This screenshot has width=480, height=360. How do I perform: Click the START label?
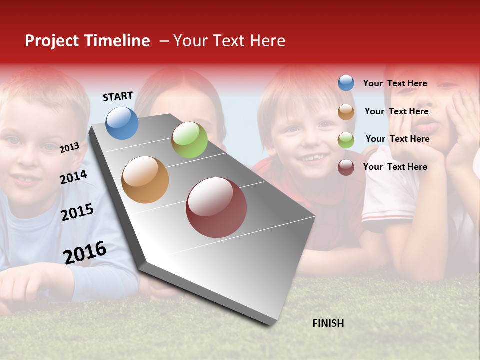118,96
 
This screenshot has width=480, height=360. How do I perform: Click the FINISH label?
328,323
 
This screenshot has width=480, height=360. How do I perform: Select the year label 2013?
69,148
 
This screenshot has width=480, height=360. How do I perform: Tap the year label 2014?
73,177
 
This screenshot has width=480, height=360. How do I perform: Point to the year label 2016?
85,253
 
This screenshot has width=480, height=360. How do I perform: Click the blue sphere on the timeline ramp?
122,123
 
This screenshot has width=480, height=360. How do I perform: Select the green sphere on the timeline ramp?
189,140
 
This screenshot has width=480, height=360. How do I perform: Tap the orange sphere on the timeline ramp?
145,180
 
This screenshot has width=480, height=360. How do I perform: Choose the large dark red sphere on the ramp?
216,207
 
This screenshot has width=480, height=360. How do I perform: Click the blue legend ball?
346,83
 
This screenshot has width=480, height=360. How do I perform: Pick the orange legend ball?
346,112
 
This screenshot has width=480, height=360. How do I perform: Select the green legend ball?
346,140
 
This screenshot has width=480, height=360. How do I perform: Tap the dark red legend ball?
346,167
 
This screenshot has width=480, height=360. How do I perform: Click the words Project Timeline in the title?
87,41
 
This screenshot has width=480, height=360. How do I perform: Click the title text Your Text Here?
229,41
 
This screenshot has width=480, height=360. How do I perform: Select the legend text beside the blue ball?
395,83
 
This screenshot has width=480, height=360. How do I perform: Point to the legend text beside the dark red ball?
395,167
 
